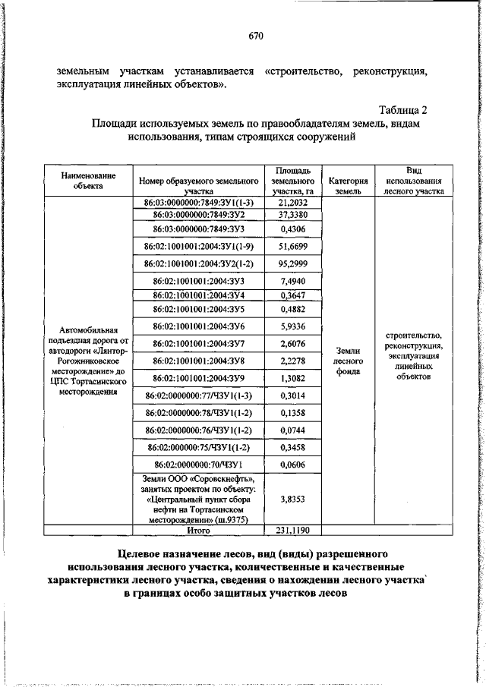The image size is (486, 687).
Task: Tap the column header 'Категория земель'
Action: (x=349, y=187)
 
